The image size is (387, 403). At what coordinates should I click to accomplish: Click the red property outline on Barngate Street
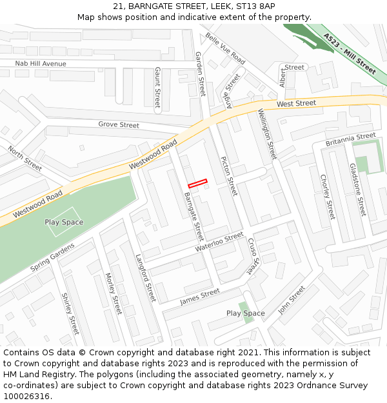tap(197, 183)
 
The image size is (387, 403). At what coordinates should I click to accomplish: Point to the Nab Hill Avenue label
tap(41, 64)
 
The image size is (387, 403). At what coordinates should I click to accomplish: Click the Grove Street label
tap(119, 124)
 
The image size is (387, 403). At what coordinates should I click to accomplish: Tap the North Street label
tap(25, 158)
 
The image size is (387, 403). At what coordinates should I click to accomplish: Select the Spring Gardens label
tap(53, 257)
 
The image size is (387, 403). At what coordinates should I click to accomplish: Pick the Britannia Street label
tap(350, 139)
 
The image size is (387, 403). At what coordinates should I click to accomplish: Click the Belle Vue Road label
tap(225, 48)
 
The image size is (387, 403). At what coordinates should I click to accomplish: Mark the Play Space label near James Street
tap(245, 313)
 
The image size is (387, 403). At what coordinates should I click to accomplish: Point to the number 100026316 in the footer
tap(26, 396)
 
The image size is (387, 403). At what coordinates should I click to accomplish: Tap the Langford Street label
tap(146, 278)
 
